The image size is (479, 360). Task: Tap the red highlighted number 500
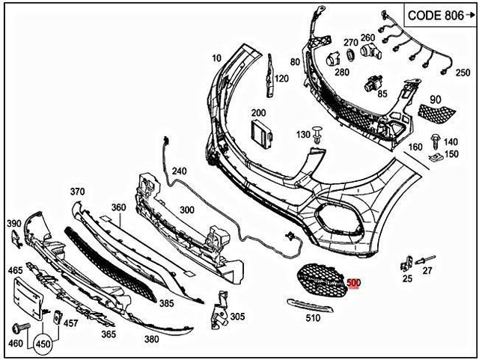[354, 284]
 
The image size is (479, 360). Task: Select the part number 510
[313, 317]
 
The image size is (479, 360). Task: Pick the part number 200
[258, 113]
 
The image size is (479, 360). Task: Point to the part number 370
[79, 192]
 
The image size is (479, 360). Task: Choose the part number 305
[237, 317]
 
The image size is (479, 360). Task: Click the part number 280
[341, 72]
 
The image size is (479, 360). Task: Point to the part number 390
[13, 223]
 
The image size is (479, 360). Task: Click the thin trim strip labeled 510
[314, 303]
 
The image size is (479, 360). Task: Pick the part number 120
[281, 79]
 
